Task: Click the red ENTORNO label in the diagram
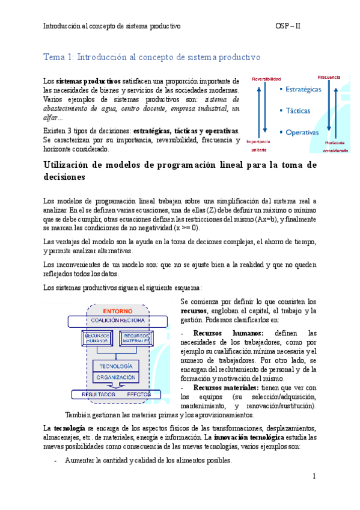118,312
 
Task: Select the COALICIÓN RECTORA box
118,320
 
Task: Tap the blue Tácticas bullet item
297,111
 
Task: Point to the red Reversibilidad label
266,79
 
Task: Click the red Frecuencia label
329,77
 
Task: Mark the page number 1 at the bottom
314,476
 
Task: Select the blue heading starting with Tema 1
151,57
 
